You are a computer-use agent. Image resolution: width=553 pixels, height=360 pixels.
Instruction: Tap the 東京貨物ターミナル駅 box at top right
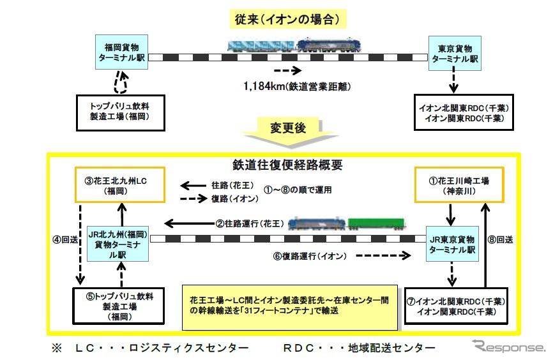point(455,52)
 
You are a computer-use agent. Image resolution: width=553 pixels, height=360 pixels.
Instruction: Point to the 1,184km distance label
point(298,85)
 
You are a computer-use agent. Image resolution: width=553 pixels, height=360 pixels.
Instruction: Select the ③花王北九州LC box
point(119,184)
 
